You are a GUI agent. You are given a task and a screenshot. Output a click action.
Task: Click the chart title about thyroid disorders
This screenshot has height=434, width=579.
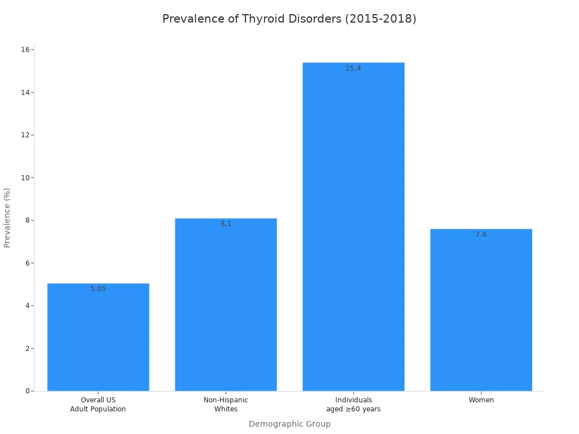coord(289,19)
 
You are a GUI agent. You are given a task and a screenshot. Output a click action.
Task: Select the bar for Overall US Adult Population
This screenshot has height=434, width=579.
coord(98,339)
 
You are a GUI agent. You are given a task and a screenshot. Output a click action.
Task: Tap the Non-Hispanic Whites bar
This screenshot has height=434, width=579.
coord(226,305)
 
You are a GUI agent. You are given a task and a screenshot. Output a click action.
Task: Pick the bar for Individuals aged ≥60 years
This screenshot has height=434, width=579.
coord(353,226)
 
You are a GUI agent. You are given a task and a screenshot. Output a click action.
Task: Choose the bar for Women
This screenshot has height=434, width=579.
coord(481,311)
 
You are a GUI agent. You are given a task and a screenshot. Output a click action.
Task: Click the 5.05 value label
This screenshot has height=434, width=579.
coord(98,289)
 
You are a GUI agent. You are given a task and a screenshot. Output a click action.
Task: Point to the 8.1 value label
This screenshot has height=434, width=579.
coord(226,224)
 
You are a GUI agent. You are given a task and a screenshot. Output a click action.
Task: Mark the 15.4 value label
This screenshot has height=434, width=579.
coord(353,68)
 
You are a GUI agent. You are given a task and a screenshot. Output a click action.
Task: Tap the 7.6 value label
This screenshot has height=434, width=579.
coord(481,235)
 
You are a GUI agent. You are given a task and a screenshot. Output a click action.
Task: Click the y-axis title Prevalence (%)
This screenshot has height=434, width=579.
coord(7,218)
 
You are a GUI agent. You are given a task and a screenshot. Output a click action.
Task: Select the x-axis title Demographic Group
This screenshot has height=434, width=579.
coord(289,424)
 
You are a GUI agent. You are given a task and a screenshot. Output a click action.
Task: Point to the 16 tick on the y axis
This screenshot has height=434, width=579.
coord(25,50)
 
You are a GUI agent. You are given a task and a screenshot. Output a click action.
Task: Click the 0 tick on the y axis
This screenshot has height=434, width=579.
coord(27,391)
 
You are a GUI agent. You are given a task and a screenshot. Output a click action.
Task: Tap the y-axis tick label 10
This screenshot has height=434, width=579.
coord(25,177)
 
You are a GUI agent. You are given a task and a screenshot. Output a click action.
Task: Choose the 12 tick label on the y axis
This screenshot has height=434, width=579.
coord(25,135)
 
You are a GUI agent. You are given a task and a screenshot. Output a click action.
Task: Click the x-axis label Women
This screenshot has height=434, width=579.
coord(481,400)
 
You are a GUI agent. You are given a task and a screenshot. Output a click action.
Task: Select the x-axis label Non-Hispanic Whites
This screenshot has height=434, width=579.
coord(226,405)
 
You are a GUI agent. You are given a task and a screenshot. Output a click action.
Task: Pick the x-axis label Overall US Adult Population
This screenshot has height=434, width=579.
coord(98,405)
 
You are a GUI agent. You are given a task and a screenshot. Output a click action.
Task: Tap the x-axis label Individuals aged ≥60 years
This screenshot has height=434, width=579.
coord(353,405)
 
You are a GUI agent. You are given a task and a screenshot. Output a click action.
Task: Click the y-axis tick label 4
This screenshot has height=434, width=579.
coord(27,306)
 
